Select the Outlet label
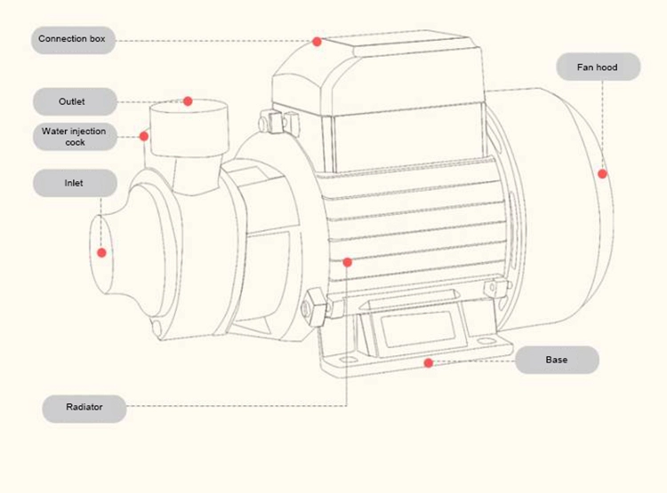click(x=72, y=101)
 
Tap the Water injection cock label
click(x=75, y=137)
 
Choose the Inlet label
click(x=74, y=183)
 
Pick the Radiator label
click(x=84, y=408)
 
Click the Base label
click(x=557, y=360)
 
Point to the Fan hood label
click(x=598, y=68)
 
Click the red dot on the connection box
click(x=317, y=41)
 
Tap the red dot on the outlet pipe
click(x=188, y=101)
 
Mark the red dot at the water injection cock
click(x=143, y=136)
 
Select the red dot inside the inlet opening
click(x=101, y=252)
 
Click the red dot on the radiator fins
click(x=348, y=262)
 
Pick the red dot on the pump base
click(x=429, y=362)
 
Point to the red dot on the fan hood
click(x=602, y=174)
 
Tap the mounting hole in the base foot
click(x=346, y=360)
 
